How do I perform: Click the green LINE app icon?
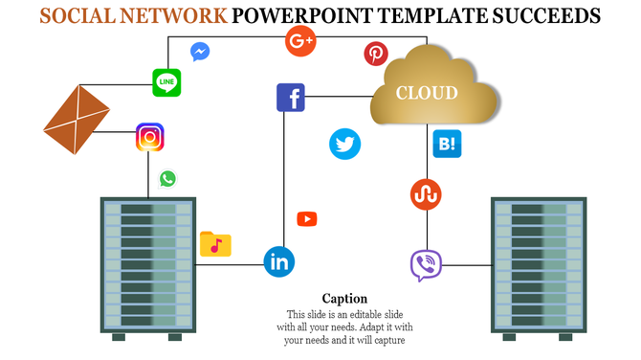(166, 82)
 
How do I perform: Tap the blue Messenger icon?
(200, 52)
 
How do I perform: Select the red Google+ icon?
(301, 41)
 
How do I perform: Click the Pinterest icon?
(376, 54)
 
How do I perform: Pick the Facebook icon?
(290, 98)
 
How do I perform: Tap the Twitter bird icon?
(345, 144)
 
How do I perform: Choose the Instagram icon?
(149, 138)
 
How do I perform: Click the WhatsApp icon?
(168, 178)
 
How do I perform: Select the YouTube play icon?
(307, 219)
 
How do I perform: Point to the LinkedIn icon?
(279, 260)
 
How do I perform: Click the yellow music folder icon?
(215, 244)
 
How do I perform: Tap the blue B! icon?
(447, 144)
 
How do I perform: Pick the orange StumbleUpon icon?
(425, 193)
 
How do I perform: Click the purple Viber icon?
(425, 265)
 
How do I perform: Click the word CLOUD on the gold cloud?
(427, 93)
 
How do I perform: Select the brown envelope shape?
(79, 120)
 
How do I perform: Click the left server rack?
(148, 266)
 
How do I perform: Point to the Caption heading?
(344, 299)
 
